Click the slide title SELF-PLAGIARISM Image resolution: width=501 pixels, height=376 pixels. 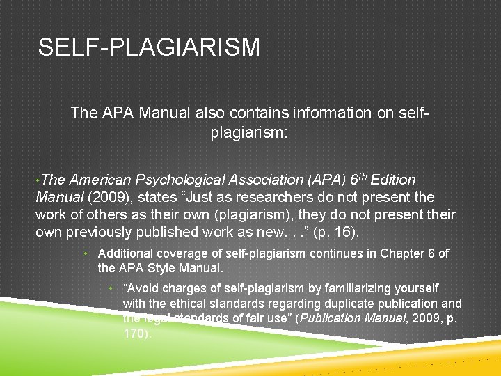tap(149, 48)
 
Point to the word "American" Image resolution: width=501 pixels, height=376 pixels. tap(100, 180)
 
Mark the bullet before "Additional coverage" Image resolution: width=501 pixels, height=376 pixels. tap(86, 253)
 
